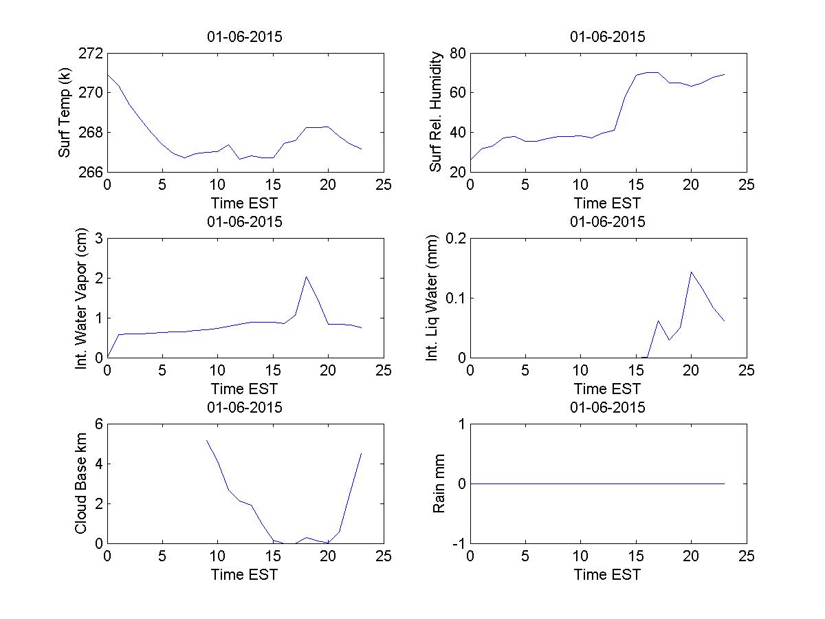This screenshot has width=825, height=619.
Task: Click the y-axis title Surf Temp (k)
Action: [x=65, y=111]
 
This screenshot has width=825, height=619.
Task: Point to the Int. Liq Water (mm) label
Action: [x=432, y=298]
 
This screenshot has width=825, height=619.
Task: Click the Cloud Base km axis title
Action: [x=81, y=484]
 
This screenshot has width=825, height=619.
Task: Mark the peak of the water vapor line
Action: [x=306, y=276]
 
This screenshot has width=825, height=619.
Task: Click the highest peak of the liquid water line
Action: [x=691, y=272]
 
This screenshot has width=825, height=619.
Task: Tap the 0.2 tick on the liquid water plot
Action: [x=452, y=239]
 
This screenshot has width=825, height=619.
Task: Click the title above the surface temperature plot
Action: [x=245, y=37]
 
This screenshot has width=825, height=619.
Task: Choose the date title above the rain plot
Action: [x=608, y=407]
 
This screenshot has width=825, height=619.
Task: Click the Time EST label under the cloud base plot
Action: [x=245, y=574]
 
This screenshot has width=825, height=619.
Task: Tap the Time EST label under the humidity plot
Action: [x=608, y=203]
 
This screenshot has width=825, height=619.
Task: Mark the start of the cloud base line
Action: [x=207, y=440]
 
